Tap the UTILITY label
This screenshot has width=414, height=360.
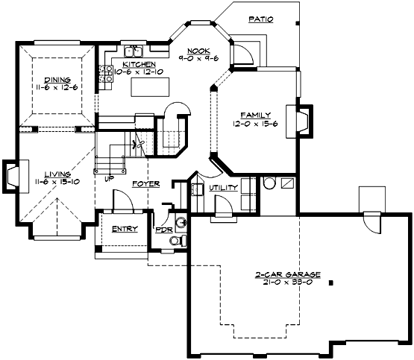coord(223,188)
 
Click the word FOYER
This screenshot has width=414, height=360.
coord(145,183)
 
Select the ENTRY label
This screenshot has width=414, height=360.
coord(124,229)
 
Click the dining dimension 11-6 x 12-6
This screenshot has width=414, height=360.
coord(57,87)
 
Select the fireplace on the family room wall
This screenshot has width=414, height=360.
coord(302,121)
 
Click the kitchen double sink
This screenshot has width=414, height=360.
coord(134,51)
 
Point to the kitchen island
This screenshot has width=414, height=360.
coord(150,86)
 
